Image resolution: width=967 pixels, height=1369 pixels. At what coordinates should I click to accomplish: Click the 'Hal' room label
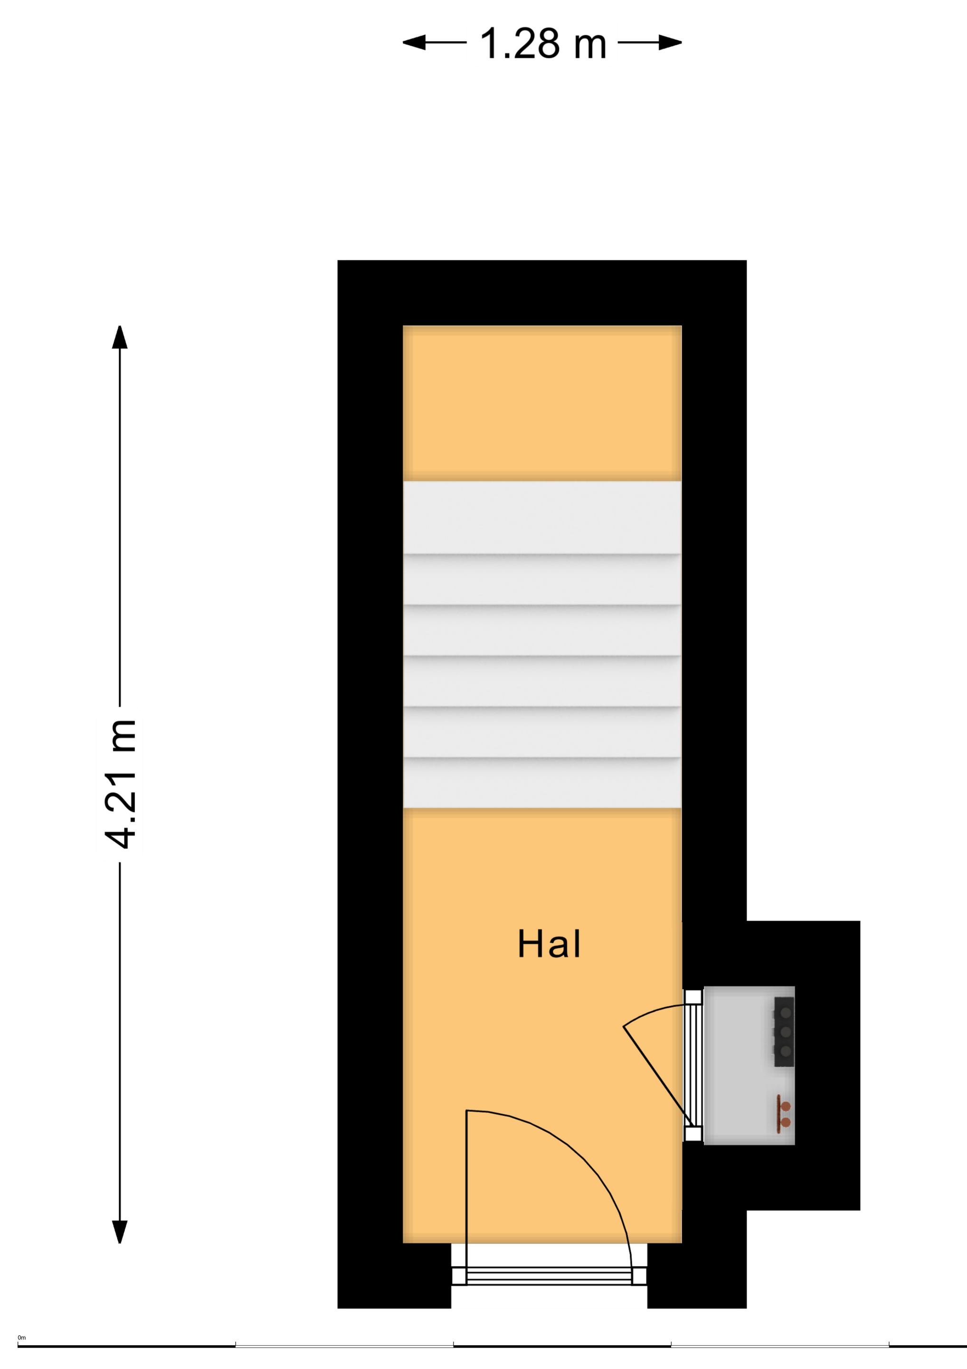(549, 944)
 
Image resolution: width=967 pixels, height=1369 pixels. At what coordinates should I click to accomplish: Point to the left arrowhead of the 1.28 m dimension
(414, 42)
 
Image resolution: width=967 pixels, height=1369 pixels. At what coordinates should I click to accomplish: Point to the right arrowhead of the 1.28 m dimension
(670, 42)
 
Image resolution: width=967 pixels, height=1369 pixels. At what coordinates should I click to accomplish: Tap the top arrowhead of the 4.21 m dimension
(120, 337)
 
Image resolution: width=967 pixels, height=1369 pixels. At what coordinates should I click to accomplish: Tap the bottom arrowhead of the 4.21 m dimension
(120, 1232)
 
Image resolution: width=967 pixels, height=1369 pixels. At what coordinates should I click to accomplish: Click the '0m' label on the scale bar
(22, 1338)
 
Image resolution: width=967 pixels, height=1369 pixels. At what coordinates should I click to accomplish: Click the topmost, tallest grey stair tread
(542, 517)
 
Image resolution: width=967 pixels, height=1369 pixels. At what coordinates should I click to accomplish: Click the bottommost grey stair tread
(542, 783)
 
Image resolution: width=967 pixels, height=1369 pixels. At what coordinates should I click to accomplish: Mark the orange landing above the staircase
(542, 403)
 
